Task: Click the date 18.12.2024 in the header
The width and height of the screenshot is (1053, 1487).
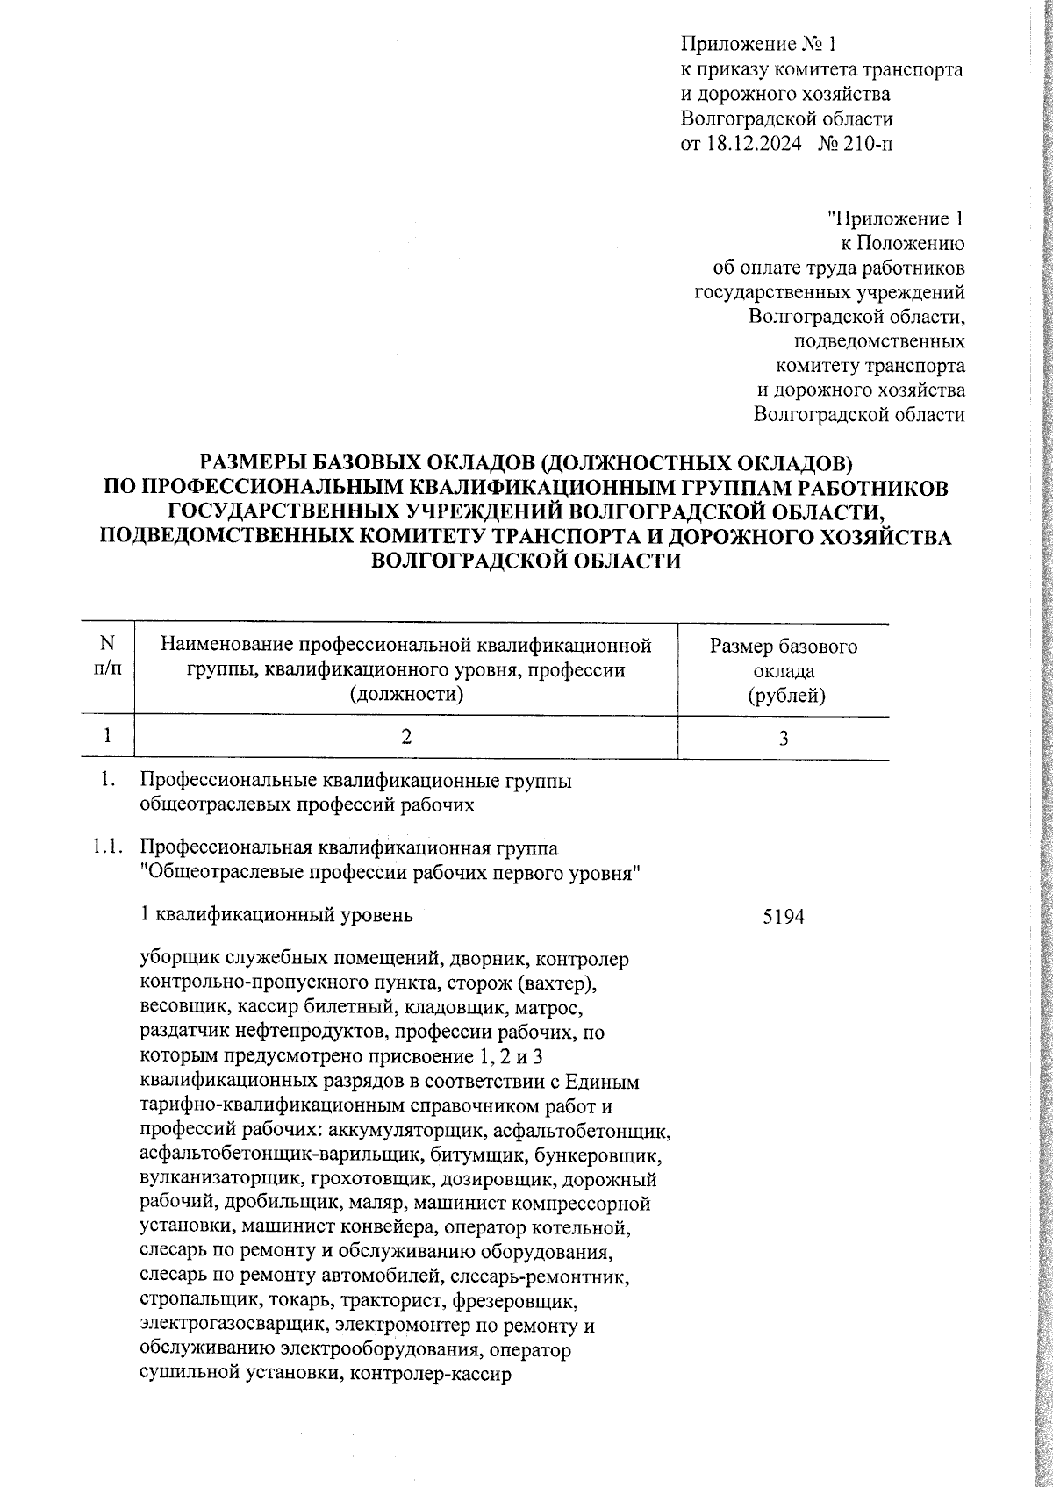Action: click(x=753, y=144)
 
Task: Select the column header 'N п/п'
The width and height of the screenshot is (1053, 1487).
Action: click(x=106, y=657)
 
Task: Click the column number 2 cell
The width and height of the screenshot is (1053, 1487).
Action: click(x=405, y=738)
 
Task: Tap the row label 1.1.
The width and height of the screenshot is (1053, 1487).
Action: click(x=104, y=849)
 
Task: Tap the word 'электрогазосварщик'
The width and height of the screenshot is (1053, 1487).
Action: click(x=222, y=1322)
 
